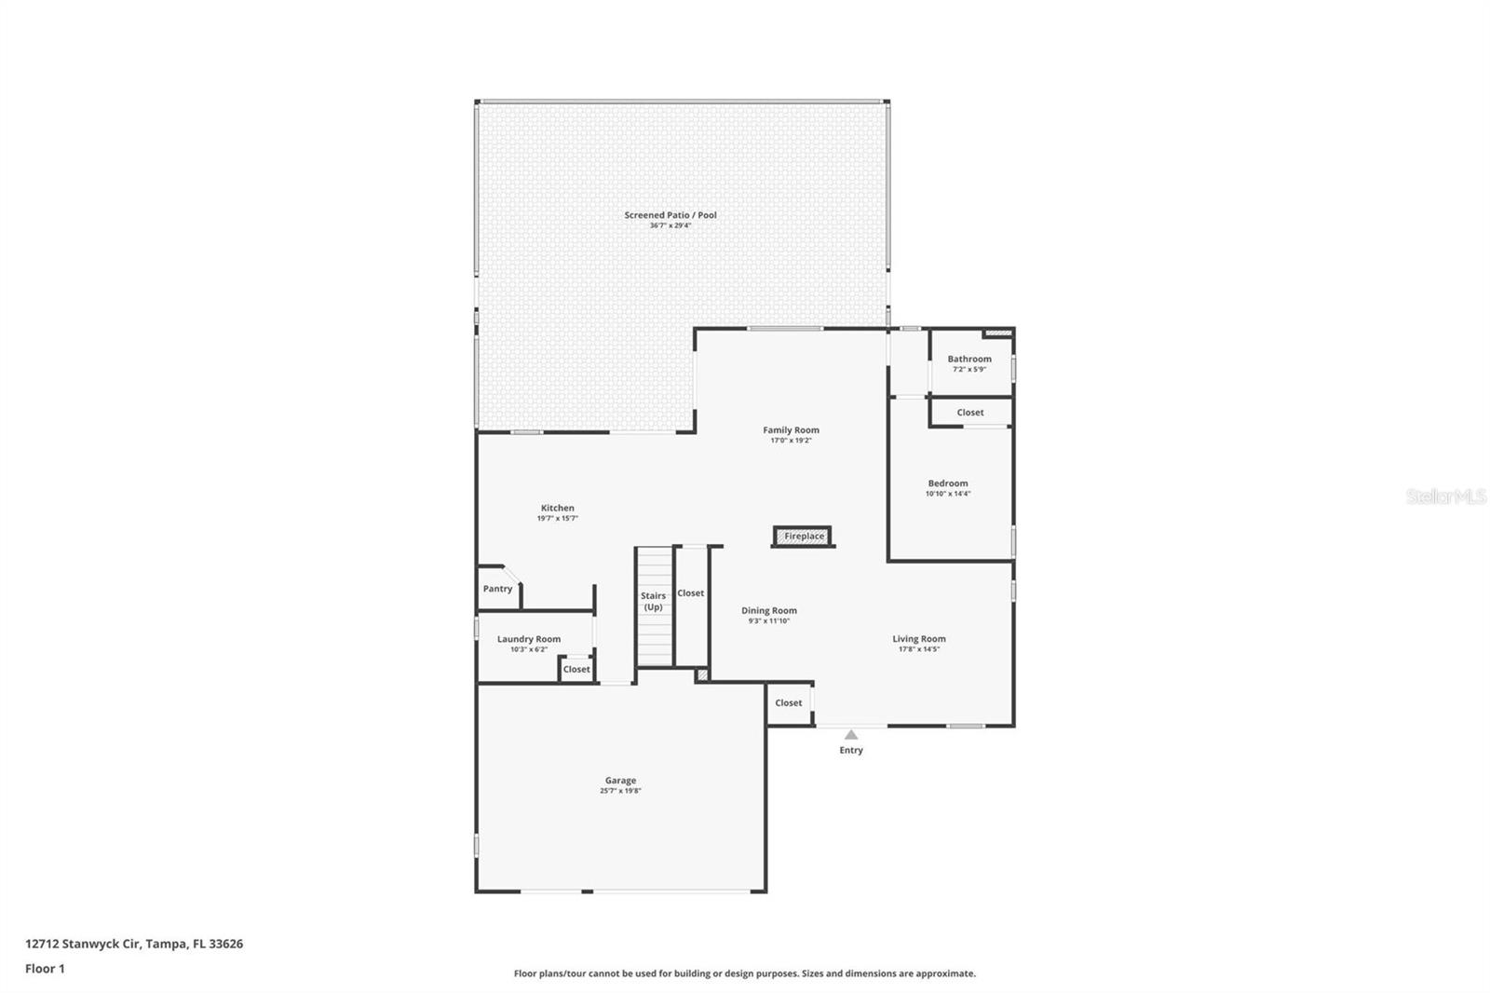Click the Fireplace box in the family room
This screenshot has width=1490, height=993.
tap(803, 537)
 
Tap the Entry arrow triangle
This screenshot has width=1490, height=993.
tap(851, 735)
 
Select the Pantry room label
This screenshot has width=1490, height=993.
tap(497, 589)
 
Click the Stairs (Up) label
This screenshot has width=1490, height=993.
tap(653, 601)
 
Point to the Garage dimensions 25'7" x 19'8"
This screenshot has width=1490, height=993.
tap(620, 791)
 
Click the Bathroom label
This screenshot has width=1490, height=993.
tap(969, 359)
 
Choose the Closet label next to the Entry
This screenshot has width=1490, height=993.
tap(788, 703)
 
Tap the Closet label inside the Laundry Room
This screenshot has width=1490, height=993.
tap(576, 669)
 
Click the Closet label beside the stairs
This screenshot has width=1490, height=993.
tap(691, 593)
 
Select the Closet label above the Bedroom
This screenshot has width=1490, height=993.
tap(969, 413)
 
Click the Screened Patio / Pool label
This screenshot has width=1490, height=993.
tap(670, 215)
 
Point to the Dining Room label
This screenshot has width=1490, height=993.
tap(769, 611)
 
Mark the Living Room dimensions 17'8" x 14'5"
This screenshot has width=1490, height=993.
tap(919, 649)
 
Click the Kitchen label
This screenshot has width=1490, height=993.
tap(558, 508)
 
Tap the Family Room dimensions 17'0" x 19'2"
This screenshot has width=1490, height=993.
tap(791, 441)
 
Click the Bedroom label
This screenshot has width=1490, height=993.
tap(948, 483)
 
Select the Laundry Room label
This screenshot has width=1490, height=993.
tap(529, 639)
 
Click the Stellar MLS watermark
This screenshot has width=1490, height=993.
tap(1445, 497)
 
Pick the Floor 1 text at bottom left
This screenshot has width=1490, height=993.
tap(45, 969)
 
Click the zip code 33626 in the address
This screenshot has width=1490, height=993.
tap(226, 944)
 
